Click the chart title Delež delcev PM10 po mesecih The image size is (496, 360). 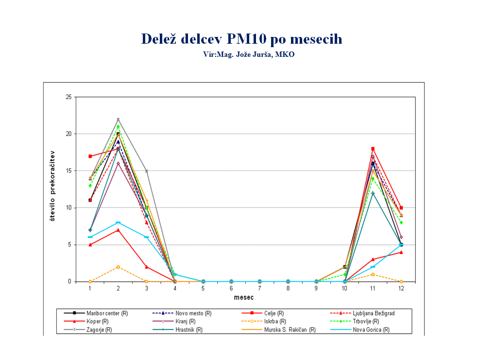point(241,39)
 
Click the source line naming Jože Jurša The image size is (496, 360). point(249,54)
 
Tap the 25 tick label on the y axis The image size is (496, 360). point(68,97)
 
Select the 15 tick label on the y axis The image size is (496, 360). point(68,171)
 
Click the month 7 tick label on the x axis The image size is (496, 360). point(259,289)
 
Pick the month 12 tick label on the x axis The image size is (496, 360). point(401,289)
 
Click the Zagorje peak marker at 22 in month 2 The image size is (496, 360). point(118,120)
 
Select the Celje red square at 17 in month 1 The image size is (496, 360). point(90,156)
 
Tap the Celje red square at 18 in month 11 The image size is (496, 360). point(373,149)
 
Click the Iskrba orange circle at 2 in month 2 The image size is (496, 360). point(118,267)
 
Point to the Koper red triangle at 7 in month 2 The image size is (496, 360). point(118,230)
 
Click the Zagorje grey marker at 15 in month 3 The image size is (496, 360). point(146,171)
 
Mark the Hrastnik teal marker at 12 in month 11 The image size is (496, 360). point(373,193)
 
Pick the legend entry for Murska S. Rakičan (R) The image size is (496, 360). point(290,330)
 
